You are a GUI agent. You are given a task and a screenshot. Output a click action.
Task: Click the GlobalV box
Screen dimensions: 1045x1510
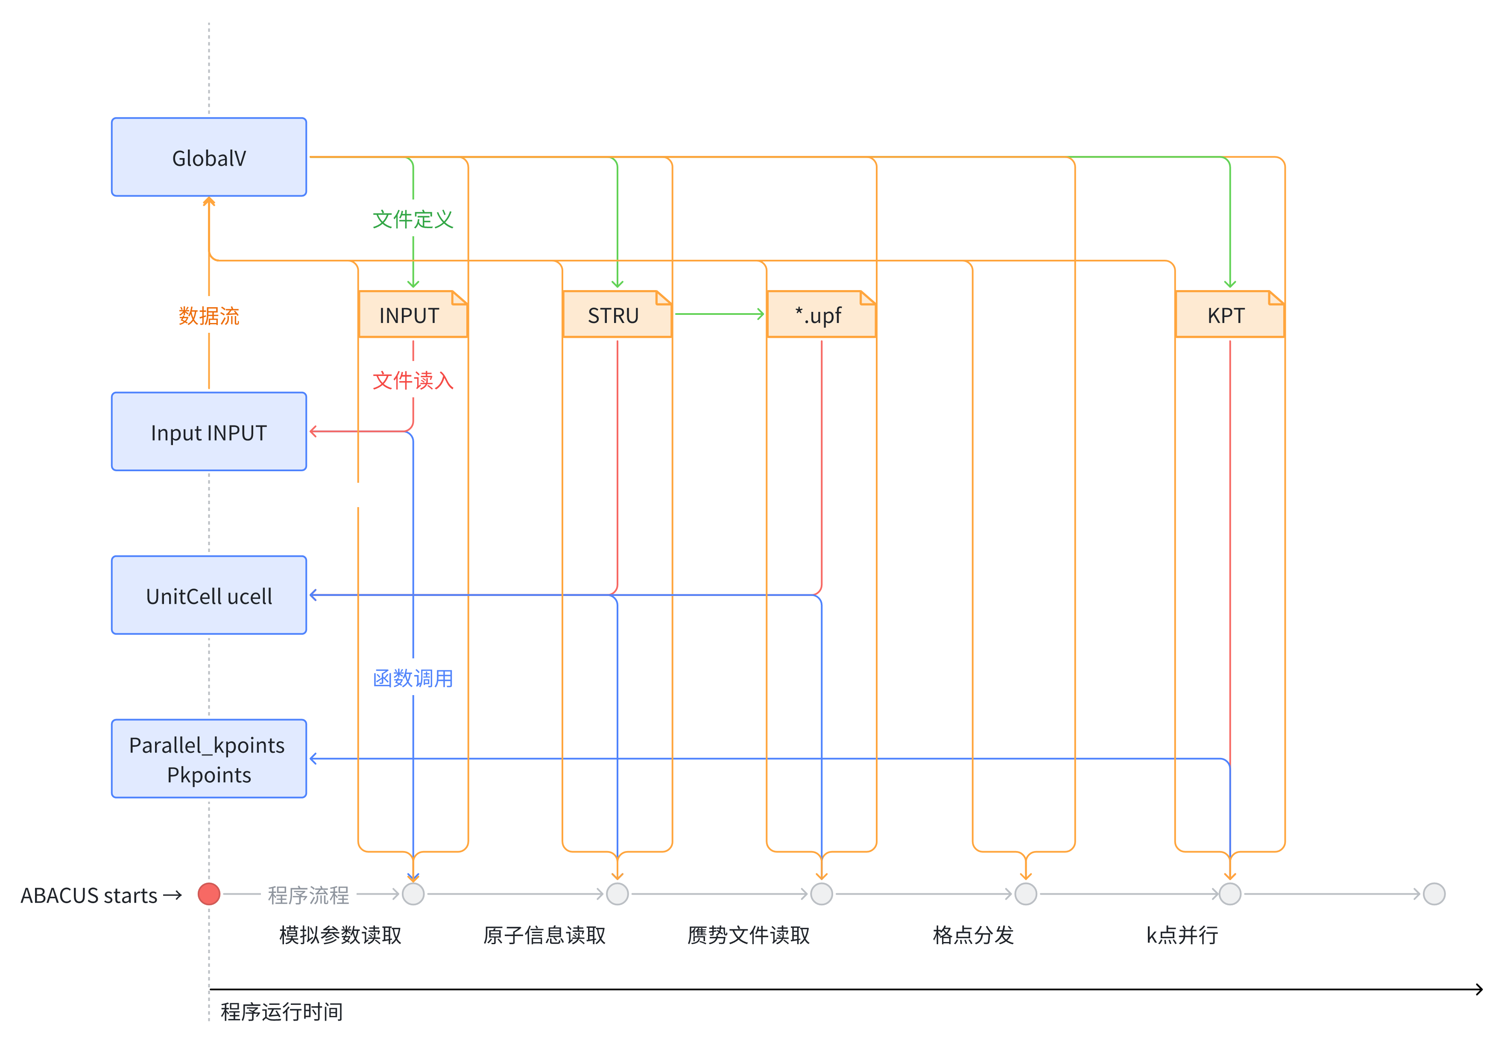209,157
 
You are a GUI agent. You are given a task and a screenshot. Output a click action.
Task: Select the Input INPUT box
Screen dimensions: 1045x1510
209,432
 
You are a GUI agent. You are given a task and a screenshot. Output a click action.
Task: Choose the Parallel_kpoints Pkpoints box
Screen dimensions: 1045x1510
209,759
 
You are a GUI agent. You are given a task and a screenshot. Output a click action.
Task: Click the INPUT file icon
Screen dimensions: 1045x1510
413,315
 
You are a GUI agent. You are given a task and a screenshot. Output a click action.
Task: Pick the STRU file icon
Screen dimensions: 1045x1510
617,315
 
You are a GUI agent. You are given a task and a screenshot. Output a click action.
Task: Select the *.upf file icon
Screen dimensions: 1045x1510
821,315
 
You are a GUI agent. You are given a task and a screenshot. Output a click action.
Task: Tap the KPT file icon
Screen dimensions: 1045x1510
1229,315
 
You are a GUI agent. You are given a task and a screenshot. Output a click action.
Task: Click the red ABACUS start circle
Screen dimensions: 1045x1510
209,894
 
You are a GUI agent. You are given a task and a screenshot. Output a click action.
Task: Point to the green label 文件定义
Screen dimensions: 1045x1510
413,219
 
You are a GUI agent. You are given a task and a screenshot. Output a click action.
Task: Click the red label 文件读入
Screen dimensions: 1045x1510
413,380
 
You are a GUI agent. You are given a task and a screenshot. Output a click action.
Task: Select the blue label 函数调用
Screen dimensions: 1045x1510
413,678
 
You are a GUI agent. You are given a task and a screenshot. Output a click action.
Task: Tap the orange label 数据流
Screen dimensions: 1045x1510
209,316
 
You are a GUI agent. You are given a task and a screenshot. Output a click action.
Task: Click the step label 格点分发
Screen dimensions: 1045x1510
973,935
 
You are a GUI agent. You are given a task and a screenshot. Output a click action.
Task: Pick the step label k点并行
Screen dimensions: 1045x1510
1182,935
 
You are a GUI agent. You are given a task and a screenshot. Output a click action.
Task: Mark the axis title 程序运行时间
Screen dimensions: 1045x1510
281,1012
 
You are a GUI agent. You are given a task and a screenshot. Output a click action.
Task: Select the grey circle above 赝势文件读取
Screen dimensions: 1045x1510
822,894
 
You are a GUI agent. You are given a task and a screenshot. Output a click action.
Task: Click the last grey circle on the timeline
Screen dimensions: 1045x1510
1434,894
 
